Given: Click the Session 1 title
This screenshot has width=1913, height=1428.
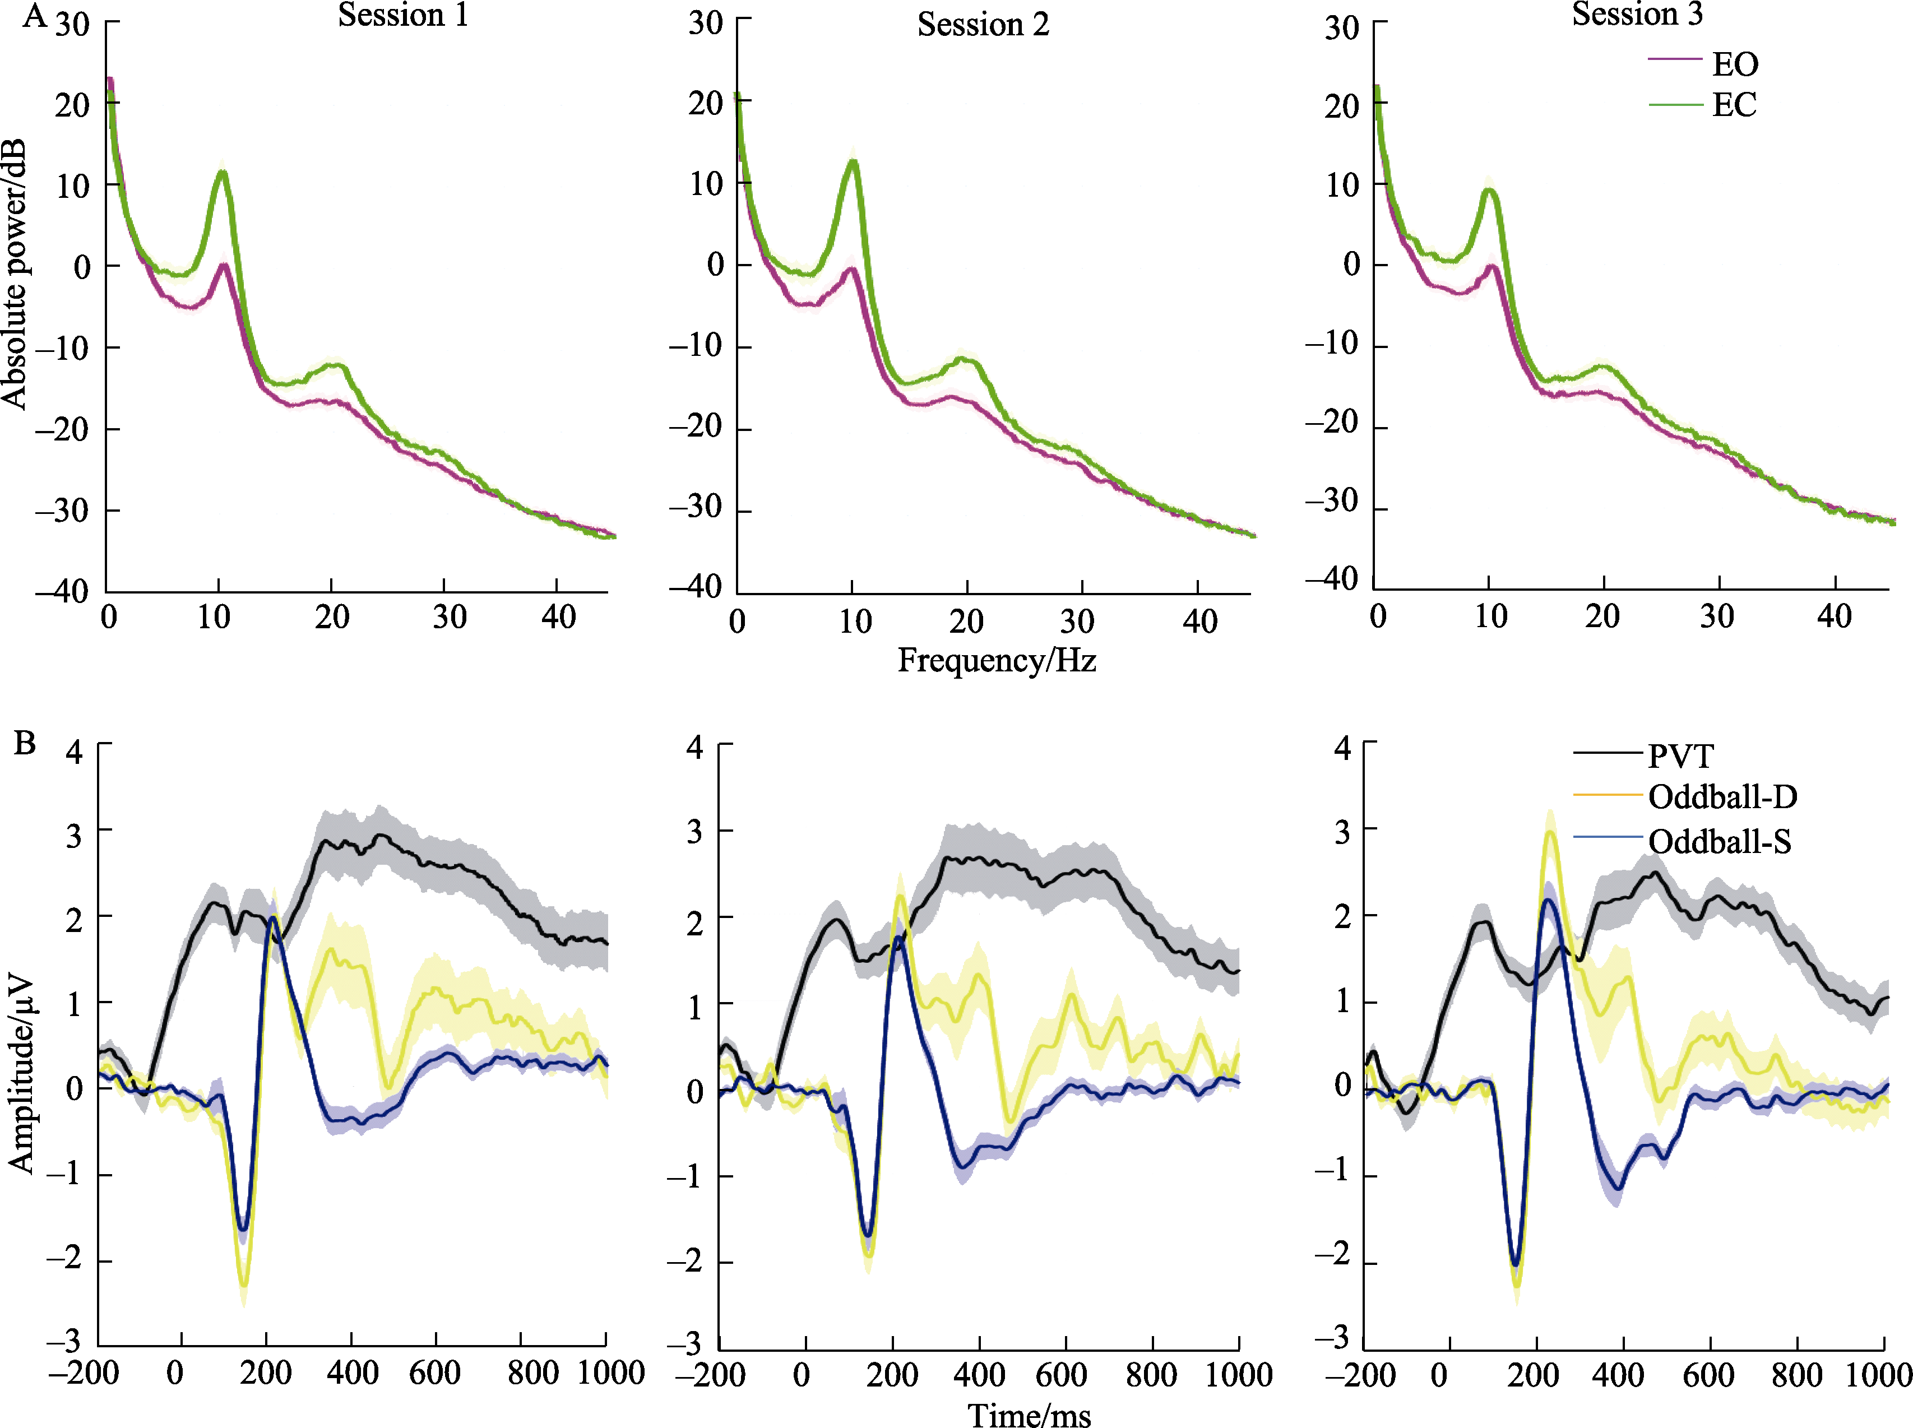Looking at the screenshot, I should [x=403, y=16].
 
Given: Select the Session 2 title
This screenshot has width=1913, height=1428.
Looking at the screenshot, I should [x=983, y=24].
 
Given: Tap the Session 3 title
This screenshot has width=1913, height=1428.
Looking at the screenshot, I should [x=1636, y=14].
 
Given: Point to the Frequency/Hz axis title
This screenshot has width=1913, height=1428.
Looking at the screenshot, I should [x=997, y=660].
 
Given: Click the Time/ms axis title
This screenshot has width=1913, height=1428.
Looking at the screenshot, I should [x=1029, y=1414].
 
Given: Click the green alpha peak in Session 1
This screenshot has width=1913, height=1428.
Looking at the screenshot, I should [x=223, y=172].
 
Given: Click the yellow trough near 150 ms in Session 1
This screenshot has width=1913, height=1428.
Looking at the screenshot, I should [x=244, y=1286].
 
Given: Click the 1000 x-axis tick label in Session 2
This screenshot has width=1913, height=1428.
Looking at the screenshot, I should [x=1238, y=1374].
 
